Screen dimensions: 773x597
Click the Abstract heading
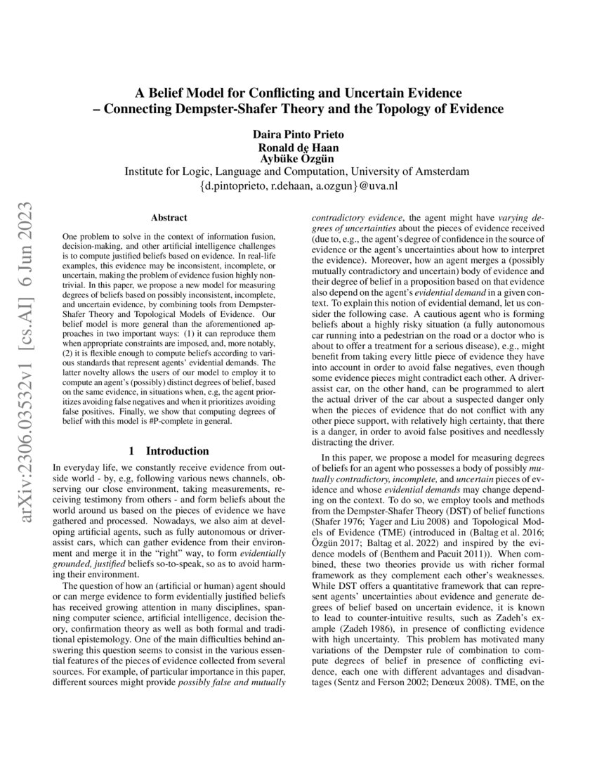pos(169,219)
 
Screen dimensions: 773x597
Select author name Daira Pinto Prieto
pos(298,135)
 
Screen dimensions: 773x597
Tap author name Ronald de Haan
pos(298,148)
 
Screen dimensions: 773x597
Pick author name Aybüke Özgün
pos(298,159)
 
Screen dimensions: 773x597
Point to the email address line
pos(298,187)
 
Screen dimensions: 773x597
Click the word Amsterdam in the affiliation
pos(442,172)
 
